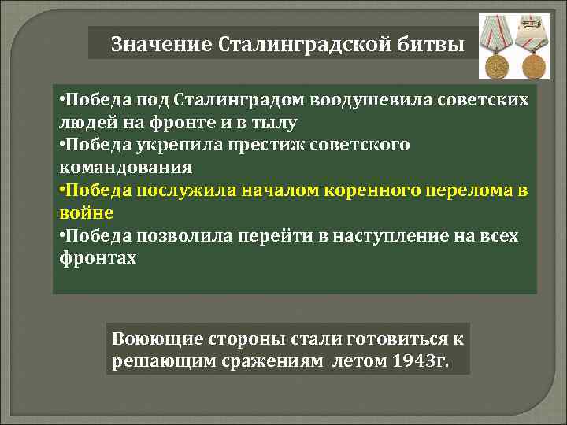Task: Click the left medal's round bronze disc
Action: click(x=498, y=65)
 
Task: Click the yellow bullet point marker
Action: click(x=62, y=191)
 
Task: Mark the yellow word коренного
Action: click(x=359, y=191)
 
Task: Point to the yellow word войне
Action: click(x=87, y=213)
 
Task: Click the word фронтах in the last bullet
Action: click(x=98, y=258)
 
